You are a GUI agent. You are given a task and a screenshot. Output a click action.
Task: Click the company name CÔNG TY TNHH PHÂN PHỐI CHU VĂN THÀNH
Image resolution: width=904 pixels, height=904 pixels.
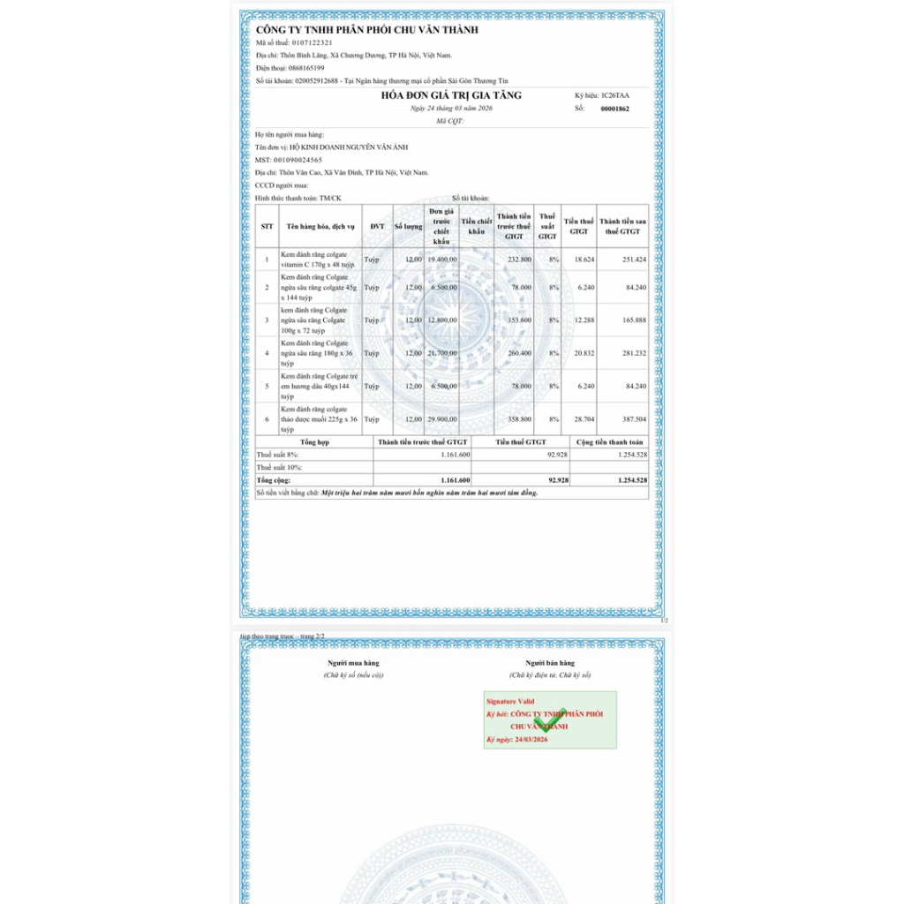(x=366, y=30)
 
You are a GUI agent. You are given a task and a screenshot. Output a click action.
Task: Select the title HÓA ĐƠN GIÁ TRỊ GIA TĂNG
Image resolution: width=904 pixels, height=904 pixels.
(x=451, y=95)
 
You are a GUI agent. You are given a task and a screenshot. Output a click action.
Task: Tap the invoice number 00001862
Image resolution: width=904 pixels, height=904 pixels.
(x=614, y=109)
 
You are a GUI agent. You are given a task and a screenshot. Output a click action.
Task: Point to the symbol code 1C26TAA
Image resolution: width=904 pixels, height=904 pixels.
(x=615, y=94)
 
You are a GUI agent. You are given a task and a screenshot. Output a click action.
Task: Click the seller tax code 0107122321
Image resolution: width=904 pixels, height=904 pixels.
(x=306, y=42)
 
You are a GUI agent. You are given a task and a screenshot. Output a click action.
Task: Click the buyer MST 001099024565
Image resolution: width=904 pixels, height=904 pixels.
(x=298, y=160)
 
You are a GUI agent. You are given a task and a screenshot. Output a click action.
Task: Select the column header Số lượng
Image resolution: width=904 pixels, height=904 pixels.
(x=408, y=226)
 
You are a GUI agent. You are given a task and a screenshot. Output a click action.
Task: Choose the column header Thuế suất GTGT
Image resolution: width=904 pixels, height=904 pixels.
(x=547, y=226)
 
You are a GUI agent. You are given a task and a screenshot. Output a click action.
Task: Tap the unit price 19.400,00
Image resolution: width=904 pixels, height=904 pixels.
(x=441, y=260)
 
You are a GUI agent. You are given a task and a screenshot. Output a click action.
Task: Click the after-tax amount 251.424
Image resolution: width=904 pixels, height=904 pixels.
(x=634, y=260)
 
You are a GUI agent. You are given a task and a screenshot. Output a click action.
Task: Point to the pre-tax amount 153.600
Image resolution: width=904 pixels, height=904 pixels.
(x=521, y=320)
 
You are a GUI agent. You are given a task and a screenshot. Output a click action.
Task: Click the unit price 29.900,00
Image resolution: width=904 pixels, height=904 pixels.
(x=441, y=418)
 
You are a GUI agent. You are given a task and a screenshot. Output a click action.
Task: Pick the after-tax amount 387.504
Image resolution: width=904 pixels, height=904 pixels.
(x=634, y=418)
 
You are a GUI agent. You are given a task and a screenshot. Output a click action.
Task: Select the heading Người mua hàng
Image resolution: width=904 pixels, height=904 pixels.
(x=353, y=662)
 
